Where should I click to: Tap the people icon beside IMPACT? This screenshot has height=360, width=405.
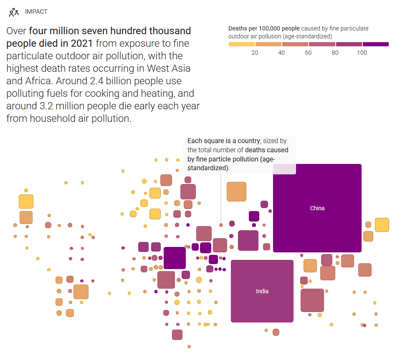point(14,12)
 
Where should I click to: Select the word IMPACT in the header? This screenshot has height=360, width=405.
point(36,12)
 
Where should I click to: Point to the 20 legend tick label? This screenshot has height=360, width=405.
point(255,53)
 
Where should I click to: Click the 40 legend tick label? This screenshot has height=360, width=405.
point(281,53)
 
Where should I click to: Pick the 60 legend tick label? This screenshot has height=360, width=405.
point(308,53)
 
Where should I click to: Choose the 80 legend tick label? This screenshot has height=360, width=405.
point(335,53)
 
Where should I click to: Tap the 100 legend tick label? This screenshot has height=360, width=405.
point(362,53)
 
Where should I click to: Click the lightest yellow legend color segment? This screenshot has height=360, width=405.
point(241,44)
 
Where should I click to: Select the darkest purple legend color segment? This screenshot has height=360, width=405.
point(375,44)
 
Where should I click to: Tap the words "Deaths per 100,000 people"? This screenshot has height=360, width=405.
point(264,28)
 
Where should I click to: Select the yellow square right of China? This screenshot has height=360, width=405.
point(382,224)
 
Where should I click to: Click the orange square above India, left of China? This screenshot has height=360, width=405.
point(236,191)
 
